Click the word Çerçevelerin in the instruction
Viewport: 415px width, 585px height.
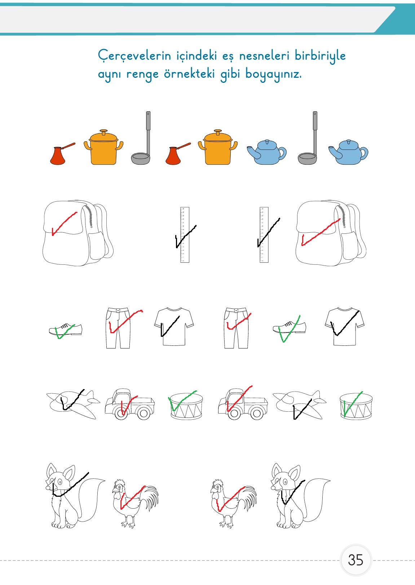point(134,56)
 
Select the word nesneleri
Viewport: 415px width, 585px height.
point(264,55)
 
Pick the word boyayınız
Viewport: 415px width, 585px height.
point(273,74)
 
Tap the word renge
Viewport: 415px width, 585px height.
point(142,75)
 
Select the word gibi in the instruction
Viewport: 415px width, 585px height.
point(230,74)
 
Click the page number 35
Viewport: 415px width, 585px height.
point(356,560)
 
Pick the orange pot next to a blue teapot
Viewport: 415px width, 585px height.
point(218,148)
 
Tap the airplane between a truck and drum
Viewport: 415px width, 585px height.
point(300,405)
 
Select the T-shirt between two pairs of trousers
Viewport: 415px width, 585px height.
point(174,326)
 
